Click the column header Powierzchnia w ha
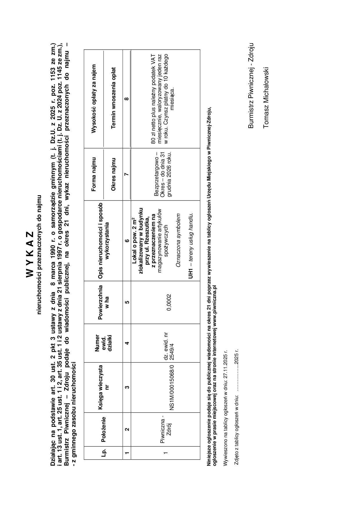coord(103,302)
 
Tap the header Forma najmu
coord(93,174)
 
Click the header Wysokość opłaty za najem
coord(93,99)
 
